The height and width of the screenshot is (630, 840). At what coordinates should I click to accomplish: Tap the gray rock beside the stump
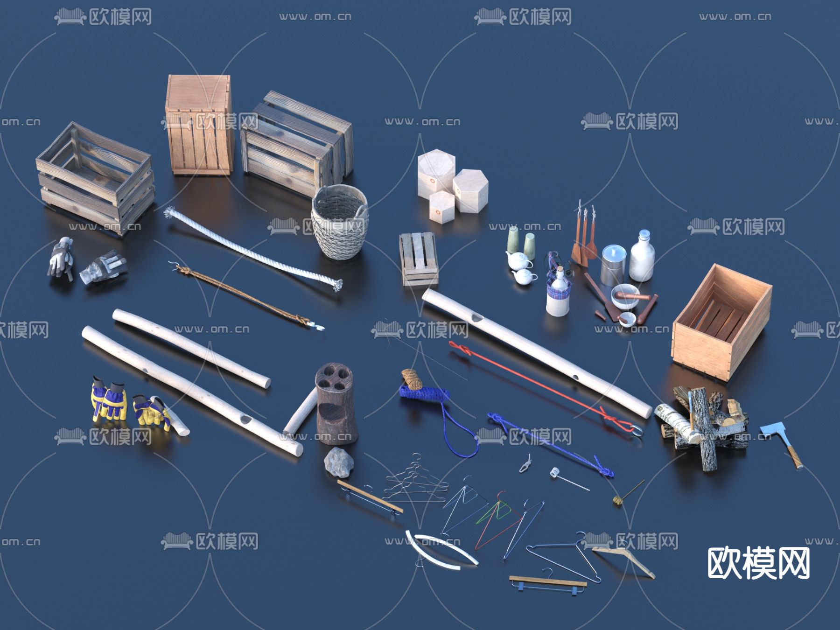point(339,462)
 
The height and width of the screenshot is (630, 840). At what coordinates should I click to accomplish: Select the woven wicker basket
point(340,221)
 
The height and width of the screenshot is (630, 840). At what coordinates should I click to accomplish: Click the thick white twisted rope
point(252,250)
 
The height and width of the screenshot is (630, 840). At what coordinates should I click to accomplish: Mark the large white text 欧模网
point(758,563)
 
